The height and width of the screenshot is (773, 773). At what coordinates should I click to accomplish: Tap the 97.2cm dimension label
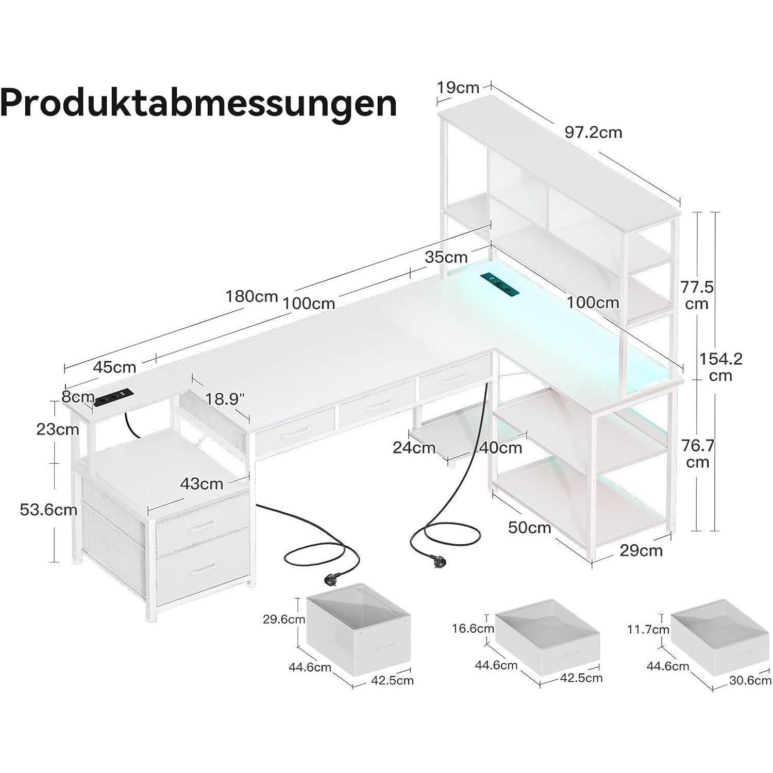pos(593,133)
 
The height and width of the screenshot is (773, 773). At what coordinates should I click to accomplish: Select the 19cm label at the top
pos(458,88)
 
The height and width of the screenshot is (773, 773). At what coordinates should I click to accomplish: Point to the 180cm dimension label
pos(251,297)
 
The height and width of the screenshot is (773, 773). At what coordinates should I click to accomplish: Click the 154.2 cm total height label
pos(720,366)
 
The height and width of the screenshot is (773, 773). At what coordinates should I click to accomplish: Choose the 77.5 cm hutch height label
pos(697,295)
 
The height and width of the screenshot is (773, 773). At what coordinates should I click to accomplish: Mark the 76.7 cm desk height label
pos(697,453)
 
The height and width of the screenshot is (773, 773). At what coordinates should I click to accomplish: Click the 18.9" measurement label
pos(225,398)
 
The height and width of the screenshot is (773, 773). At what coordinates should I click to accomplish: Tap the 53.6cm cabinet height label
pos(48,510)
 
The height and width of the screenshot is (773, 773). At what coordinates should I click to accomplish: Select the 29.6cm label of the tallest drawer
pos(284,619)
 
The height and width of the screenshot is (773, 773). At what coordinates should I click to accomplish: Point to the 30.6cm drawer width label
pos(750,681)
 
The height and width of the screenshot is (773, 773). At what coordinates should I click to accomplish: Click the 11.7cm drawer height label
pos(648,629)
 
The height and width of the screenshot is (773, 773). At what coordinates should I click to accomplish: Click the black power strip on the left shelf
pos(114,396)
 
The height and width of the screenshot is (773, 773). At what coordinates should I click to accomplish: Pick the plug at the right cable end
pos(427,559)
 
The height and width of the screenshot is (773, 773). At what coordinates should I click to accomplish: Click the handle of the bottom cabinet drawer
pos(203,567)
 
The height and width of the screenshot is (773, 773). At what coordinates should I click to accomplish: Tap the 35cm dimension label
pos(446,257)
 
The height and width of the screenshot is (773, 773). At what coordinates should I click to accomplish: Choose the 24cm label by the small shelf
pos(414,448)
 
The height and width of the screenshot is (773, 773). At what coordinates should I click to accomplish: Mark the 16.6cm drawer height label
pos(473,628)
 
